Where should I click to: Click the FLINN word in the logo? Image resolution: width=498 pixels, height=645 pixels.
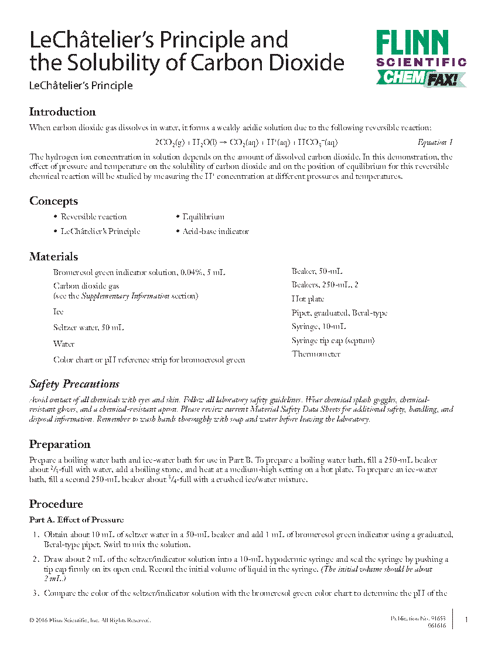pyautogui.click(x=412, y=43)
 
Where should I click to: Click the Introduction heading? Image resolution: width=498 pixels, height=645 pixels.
pyautogui.click(x=63, y=112)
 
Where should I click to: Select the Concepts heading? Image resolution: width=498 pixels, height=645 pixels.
pyautogui.click(x=54, y=201)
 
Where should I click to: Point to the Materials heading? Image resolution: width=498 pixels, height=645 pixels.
pyautogui.click(x=54, y=257)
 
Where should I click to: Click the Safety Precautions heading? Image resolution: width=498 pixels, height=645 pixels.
pyautogui.click(x=74, y=384)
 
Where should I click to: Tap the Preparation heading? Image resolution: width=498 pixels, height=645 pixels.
pyautogui.click(x=60, y=444)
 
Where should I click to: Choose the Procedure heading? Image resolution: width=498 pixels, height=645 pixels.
pyautogui.click(x=56, y=504)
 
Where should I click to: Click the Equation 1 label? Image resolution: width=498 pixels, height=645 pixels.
pyautogui.click(x=435, y=142)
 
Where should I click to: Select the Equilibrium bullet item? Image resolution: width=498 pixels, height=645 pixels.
pyautogui.click(x=203, y=217)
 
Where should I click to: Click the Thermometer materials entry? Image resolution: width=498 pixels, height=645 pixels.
pyautogui.click(x=316, y=354)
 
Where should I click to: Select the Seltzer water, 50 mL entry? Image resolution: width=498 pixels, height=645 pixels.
pyautogui.click(x=88, y=327)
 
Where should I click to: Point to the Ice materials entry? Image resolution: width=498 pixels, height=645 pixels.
pyautogui.click(x=59, y=312)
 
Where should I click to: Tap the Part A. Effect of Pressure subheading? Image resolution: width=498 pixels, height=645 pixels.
pyautogui.click(x=76, y=520)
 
